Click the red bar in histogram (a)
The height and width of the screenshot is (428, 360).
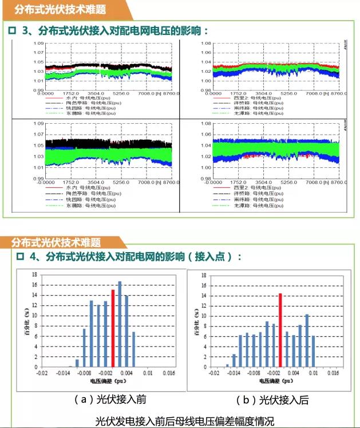[113, 328]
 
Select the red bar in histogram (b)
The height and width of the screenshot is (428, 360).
[280, 330]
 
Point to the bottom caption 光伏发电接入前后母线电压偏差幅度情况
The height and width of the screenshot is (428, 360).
[185, 421]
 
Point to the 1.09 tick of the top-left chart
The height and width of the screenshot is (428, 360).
[38, 44]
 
